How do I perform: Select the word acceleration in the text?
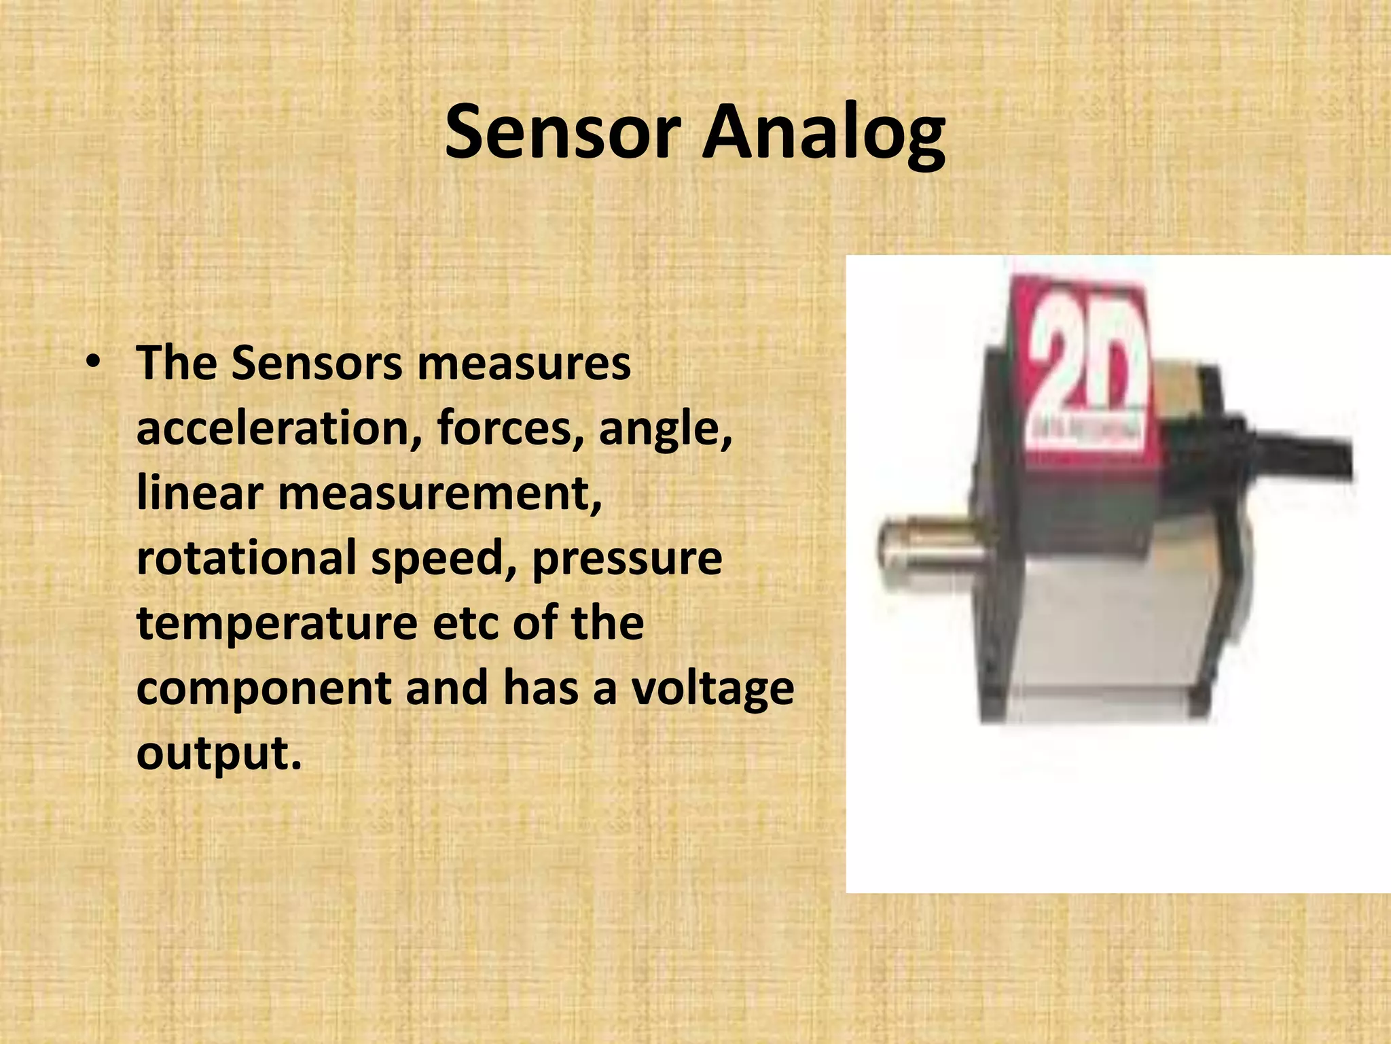278,428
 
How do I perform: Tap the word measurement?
440,493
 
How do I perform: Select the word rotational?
246,557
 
